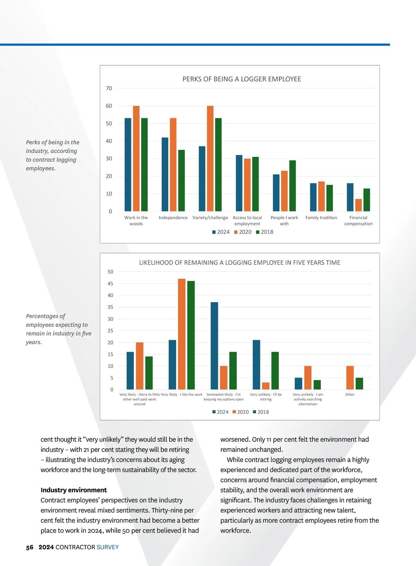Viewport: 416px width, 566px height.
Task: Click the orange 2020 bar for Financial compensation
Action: point(358,205)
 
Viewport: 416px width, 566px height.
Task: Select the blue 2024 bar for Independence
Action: point(165,174)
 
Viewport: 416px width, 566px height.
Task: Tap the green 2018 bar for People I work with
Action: point(292,186)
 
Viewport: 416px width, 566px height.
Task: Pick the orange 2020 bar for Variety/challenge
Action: point(210,159)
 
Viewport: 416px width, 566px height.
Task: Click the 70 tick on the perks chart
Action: point(109,88)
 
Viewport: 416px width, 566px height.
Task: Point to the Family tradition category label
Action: point(321,218)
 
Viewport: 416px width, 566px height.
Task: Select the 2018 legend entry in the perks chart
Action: point(265,232)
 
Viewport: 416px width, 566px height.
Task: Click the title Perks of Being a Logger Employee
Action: point(242,79)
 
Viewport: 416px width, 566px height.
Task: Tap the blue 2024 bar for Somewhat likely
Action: point(214,346)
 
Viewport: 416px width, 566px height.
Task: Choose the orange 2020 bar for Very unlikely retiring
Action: point(266,386)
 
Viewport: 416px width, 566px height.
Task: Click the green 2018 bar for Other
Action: point(359,383)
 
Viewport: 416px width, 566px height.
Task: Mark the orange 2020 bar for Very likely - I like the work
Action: point(182,334)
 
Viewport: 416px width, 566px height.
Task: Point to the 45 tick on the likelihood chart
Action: point(110,284)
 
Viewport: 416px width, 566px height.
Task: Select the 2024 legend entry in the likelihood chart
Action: point(220,412)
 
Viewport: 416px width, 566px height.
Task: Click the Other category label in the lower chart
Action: point(350,395)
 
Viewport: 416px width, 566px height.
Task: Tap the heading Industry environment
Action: point(73,490)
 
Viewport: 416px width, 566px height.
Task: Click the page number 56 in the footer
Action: point(30,547)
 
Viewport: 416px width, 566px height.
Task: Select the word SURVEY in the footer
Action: point(107,547)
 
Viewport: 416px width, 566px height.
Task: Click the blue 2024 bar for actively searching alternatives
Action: point(298,383)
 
